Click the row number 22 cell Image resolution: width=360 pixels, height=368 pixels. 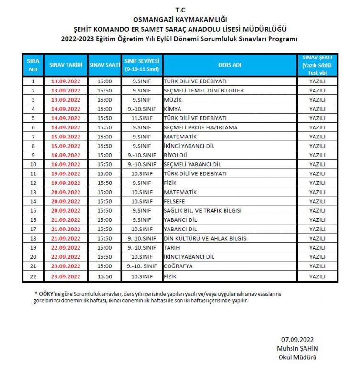[x=33, y=276]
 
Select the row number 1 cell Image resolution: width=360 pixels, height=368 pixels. [x=33, y=81]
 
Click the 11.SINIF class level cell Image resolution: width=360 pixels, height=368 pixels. [x=142, y=118]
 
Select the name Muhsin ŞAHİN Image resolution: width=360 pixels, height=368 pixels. [x=297, y=348]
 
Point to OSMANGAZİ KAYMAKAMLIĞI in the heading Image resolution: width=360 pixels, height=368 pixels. [x=180, y=19]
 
